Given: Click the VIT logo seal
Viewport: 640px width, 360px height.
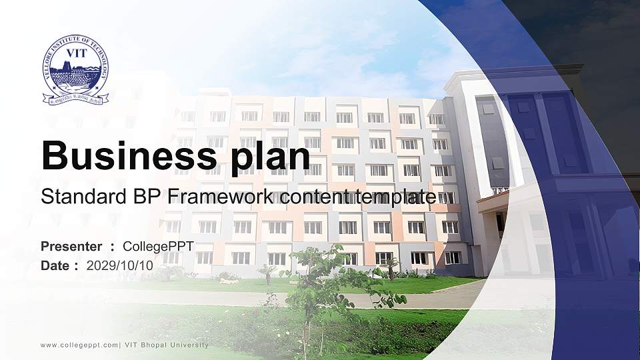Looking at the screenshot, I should point(75,71).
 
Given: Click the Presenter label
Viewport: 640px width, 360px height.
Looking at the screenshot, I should point(71,247).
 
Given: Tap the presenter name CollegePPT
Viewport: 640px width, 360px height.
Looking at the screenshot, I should point(158,247).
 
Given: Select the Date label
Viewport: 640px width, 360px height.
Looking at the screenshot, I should point(55,265).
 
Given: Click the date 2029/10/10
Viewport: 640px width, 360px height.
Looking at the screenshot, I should point(120,265).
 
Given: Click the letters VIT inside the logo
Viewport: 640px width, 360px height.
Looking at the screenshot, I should point(75,54).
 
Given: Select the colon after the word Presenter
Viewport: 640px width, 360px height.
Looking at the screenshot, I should point(112,247).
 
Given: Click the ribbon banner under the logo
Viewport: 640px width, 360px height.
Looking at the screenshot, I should point(75,100).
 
